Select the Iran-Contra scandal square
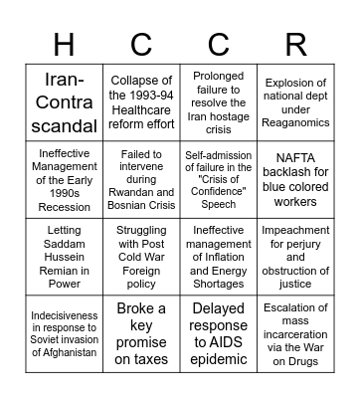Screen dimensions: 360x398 tap(64, 102)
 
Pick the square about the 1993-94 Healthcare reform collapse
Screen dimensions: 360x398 tap(141, 102)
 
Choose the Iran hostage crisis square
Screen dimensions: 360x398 tap(218, 102)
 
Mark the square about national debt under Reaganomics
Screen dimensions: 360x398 tap(295, 102)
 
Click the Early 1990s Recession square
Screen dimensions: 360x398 tap(64, 180)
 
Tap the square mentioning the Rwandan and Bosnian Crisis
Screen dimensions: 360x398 tap(141, 180)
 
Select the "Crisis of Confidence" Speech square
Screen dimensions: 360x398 tap(218, 180)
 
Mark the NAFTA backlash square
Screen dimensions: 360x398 tap(295, 180)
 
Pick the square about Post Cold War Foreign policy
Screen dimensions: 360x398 tap(141, 257)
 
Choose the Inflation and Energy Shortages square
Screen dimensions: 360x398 tap(218, 257)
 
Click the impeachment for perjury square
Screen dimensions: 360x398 tap(295, 257)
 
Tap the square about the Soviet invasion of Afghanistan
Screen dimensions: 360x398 tap(64, 334)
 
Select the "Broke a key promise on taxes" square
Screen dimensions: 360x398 tap(141, 334)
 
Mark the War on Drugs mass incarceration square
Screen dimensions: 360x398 tap(295, 334)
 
